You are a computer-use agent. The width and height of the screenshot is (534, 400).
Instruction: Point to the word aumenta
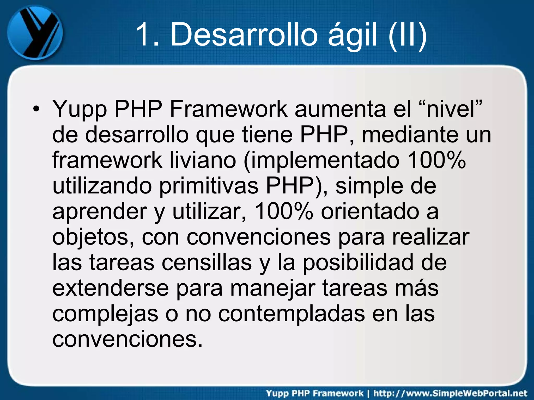point(340,109)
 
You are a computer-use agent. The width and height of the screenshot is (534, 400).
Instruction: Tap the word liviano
point(203,160)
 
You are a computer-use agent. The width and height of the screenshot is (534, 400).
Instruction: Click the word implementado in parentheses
point(321,160)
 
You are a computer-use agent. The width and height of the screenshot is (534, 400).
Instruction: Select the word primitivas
point(209,186)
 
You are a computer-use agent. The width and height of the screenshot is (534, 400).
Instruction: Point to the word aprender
point(100,211)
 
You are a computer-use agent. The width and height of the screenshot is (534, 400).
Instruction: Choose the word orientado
point(369,211)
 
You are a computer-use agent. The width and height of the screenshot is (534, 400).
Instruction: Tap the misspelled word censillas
point(207,262)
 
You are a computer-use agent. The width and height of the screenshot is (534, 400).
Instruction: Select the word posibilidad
point(358,262)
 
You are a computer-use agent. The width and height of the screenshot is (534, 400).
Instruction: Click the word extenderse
point(111,288)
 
